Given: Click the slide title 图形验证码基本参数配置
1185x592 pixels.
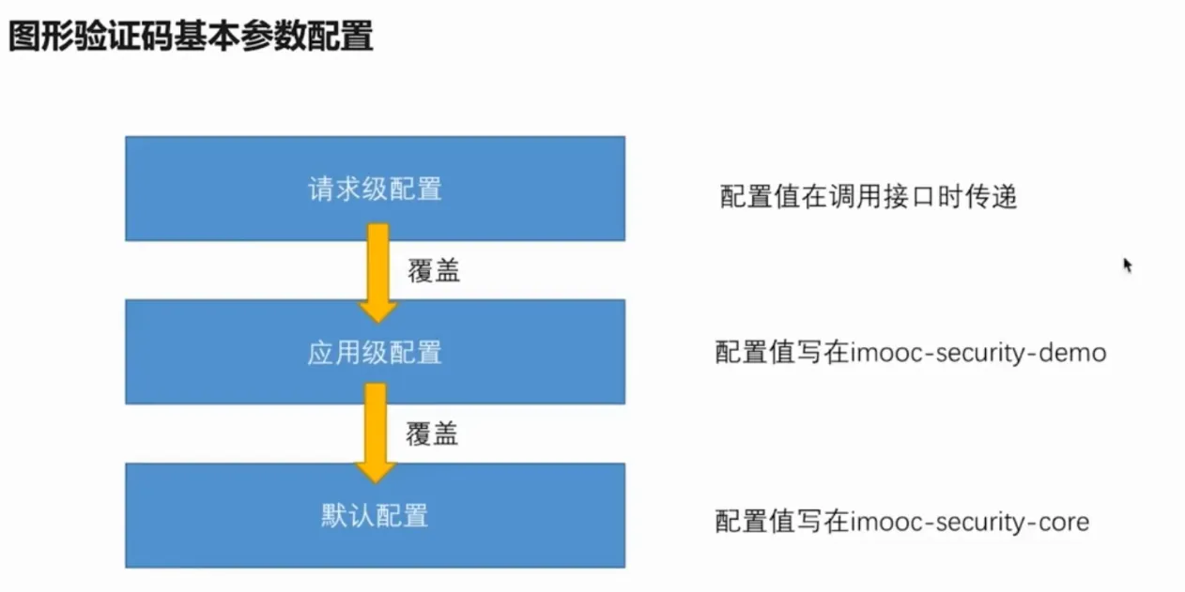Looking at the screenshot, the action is [191, 36].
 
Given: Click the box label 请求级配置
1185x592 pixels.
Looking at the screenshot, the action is [375, 190].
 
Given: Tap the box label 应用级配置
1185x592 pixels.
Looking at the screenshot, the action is [375, 353].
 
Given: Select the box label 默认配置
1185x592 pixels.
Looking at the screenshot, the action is [375, 515].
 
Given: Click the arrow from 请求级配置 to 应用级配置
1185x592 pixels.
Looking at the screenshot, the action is [377, 273].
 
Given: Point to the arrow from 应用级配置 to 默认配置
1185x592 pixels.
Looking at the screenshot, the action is [376, 433].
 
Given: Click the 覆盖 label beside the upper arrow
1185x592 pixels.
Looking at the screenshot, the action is [434, 271].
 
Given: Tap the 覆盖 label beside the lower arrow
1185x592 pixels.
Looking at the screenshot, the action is [432, 434].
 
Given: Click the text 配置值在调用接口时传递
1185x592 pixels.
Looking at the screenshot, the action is [869, 197].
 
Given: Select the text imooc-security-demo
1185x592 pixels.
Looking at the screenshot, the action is [978, 353].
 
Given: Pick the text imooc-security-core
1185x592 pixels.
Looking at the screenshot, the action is [970, 522].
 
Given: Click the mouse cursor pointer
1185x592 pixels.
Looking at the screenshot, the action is [1128, 265].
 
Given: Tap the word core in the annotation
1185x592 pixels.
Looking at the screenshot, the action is [1065, 522].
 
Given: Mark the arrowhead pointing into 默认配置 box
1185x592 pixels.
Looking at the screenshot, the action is [376, 473].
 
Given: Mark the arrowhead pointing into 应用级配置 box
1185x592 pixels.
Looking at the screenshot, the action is [377, 312].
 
